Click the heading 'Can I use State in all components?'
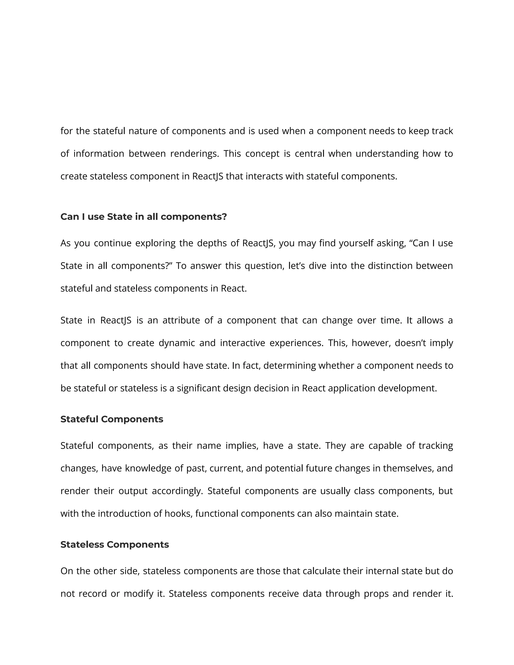(143, 217)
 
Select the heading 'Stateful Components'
(112, 419)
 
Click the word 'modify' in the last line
(138, 593)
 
